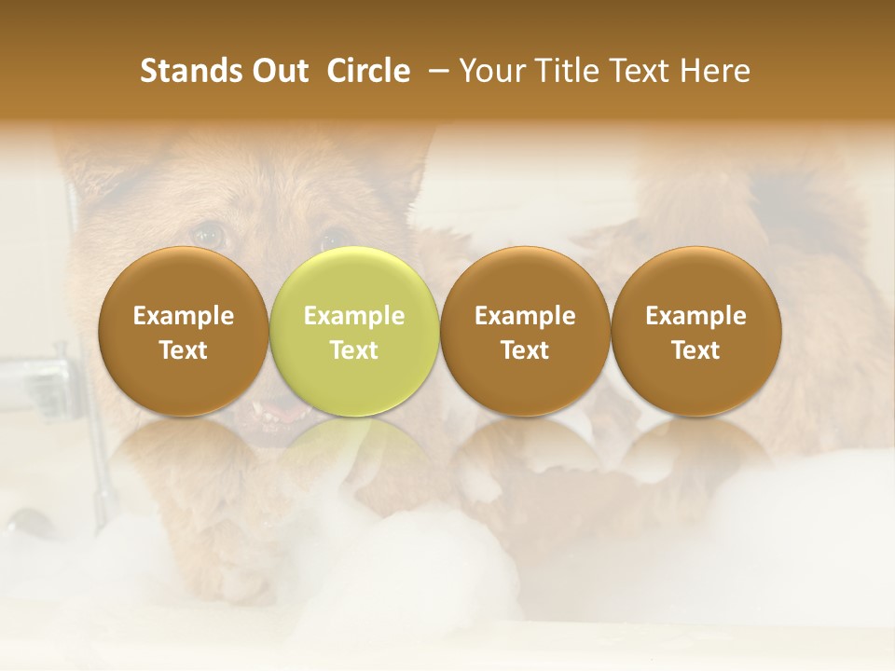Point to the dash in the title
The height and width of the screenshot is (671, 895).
click(435, 71)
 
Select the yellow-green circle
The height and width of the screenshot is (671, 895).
click(353, 332)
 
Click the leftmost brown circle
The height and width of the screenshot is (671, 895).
click(184, 332)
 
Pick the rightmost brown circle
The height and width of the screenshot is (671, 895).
click(695, 332)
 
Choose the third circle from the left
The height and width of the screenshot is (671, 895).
click(525, 332)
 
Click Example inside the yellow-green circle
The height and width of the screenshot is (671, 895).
click(354, 316)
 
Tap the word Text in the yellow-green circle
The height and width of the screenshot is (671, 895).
click(354, 350)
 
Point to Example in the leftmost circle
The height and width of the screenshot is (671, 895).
click(184, 316)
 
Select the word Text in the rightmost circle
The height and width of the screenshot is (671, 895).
click(695, 350)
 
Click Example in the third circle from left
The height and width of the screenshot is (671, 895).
click(525, 316)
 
